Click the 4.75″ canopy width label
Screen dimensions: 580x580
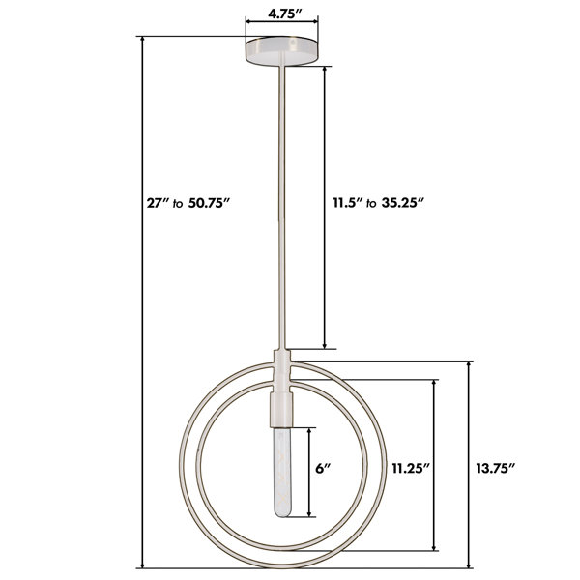(x=285, y=14)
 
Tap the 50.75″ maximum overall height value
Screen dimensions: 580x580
(x=210, y=203)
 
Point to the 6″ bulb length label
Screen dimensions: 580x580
(x=322, y=469)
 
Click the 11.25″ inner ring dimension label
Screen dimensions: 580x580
(x=411, y=469)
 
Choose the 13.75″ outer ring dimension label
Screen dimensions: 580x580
(x=495, y=469)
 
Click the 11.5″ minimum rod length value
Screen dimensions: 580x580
(x=348, y=203)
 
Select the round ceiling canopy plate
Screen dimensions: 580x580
(x=282, y=51)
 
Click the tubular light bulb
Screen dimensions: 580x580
(x=282, y=472)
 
